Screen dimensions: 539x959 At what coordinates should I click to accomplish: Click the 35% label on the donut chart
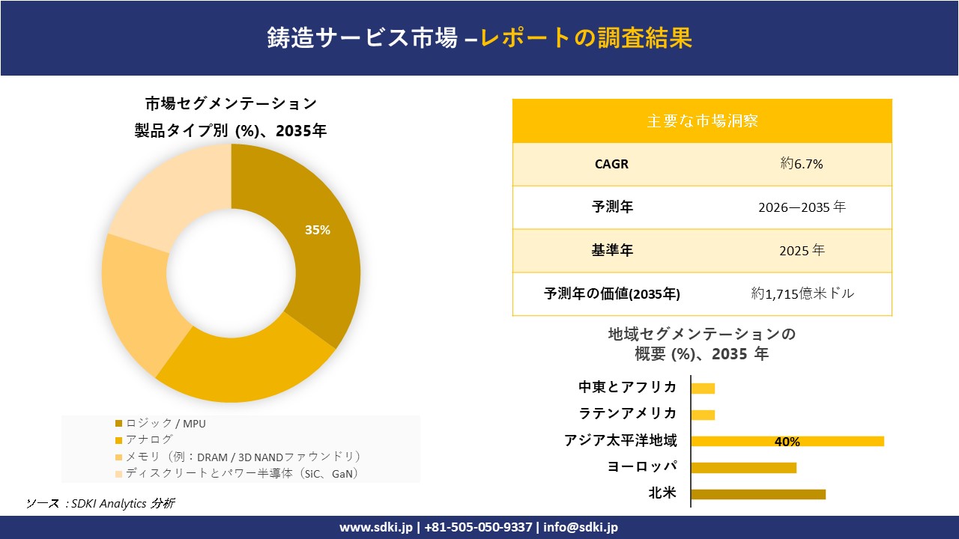pos(317,231)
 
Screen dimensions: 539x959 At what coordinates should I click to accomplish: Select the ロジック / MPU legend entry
pos(166,424)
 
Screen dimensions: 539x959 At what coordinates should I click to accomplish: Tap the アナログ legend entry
pos(149,439)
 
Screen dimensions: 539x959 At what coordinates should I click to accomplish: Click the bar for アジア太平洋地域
pos(787,441)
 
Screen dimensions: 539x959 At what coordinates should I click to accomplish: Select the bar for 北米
pos(757,494)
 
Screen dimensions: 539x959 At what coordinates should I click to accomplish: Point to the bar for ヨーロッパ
pos(743,468)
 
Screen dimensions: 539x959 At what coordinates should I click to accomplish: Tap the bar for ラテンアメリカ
pos(703,415)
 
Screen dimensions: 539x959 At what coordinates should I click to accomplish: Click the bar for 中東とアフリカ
pos(703,388)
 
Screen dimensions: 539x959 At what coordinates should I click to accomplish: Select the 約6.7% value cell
pos(801,164)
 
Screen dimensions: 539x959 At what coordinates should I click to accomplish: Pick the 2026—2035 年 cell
pos(801,207)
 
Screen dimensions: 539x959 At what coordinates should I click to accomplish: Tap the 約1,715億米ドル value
pos(802,294)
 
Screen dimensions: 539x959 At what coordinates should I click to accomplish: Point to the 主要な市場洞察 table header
pos(702,121)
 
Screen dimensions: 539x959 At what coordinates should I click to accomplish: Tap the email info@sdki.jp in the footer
pos(581,527)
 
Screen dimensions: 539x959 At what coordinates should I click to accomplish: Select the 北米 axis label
pos(662,493)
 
